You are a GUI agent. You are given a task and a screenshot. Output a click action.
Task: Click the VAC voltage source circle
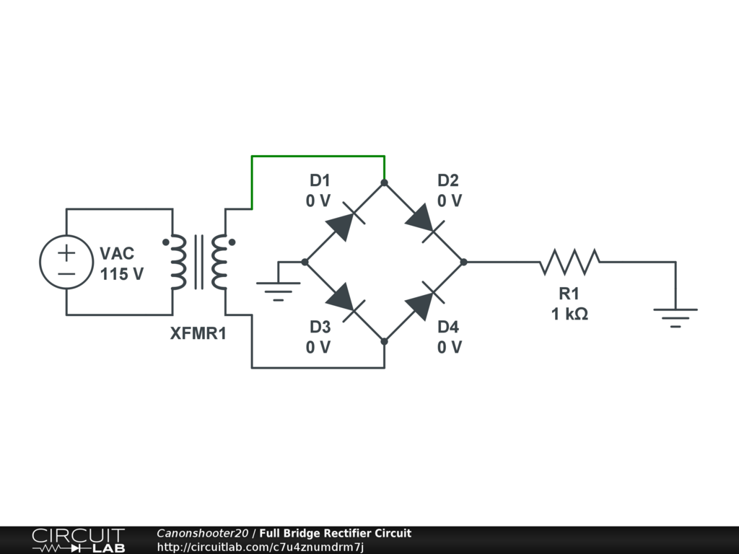click(66, 262)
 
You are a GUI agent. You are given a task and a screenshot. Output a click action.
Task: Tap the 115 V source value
click(121, 274)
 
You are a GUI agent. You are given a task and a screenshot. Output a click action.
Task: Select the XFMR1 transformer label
click(198, 334)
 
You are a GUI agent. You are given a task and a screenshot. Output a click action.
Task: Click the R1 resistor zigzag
click(569, 262)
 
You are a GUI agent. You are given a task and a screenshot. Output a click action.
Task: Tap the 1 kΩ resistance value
click(569, 314)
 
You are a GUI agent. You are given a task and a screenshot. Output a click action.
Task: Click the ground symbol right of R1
click(675, 315)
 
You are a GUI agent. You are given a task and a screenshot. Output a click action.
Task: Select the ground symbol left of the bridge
click(279, 289)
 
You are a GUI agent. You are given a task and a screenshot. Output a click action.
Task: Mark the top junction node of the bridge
click(384, 183)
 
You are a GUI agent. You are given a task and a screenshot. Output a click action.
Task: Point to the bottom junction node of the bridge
click(384, 341)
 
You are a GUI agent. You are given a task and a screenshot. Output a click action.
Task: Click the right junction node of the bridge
click(463, 262)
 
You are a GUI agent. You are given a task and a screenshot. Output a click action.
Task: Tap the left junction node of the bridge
click(305, 262)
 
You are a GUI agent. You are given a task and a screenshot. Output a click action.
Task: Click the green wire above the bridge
click(318, 156)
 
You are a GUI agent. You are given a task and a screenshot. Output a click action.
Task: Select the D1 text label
click(319, 180)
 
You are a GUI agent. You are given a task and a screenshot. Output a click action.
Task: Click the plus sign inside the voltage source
click(66, 252)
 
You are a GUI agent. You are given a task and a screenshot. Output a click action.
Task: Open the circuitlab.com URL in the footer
click(261, 547)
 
